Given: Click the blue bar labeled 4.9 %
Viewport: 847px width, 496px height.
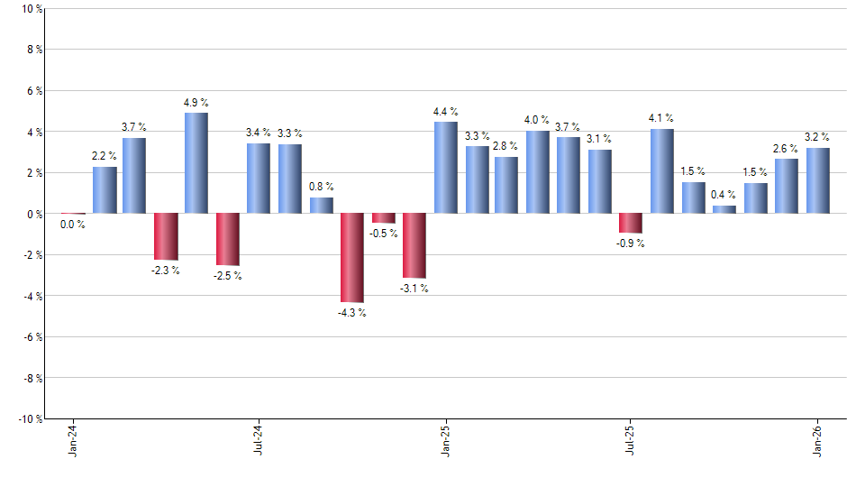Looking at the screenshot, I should click(196, 163).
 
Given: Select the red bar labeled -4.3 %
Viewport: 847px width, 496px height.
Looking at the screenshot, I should click(352, 258).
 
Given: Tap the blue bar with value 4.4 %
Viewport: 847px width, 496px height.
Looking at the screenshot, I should click(445, 168).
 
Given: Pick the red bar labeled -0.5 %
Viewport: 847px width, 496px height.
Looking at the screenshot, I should click(384, 218).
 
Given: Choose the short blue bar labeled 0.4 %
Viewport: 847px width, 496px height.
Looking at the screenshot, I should click(724, 210).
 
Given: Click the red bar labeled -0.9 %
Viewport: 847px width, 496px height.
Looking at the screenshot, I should click(631, 224).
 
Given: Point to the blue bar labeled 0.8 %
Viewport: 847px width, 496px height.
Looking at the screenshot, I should click(322, 206).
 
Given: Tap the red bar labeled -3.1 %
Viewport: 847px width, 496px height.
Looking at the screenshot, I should click(414, 245).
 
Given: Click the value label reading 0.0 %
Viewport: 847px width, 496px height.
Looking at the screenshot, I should click(73, 225).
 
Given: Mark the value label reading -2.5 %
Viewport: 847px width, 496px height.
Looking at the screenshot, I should click(228, 276).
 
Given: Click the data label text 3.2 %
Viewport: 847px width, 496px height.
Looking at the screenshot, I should click(817, 137).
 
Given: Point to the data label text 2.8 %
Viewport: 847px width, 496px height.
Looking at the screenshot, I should click(506, 146).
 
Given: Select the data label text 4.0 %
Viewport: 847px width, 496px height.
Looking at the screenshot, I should click(537, 120).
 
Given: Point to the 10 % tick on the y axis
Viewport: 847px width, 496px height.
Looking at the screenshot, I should click(29, 9).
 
